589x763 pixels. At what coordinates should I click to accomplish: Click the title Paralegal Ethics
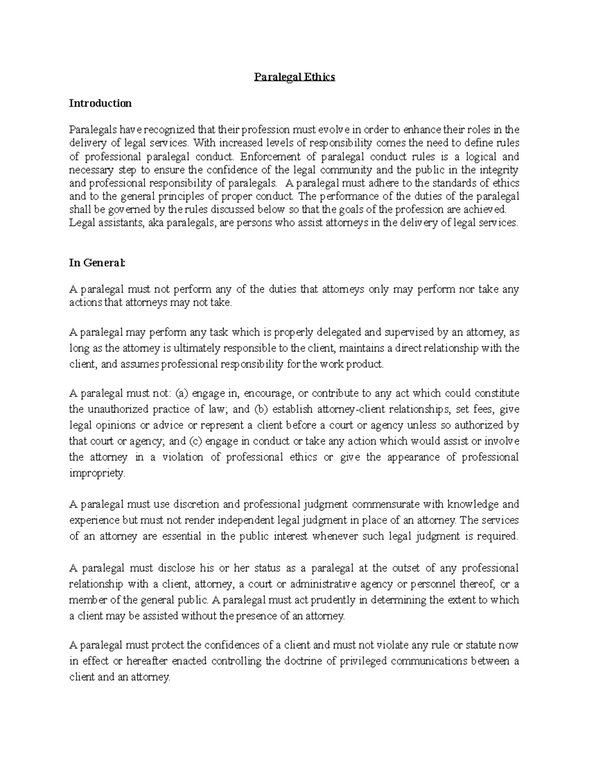pyautogui.click(x=294, y=77)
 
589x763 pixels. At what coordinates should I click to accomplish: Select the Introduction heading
pyautogui.click(x=100, y=103)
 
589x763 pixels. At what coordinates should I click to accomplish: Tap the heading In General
pyautogui.click(x=97, y=263)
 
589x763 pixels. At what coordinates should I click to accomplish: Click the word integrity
pyautogui.click(x=499, y=170)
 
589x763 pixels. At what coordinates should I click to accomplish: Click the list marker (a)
pyautogui.click(x=182, y=394)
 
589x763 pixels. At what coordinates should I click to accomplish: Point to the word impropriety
pyautogui.click(x=97, y=474)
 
